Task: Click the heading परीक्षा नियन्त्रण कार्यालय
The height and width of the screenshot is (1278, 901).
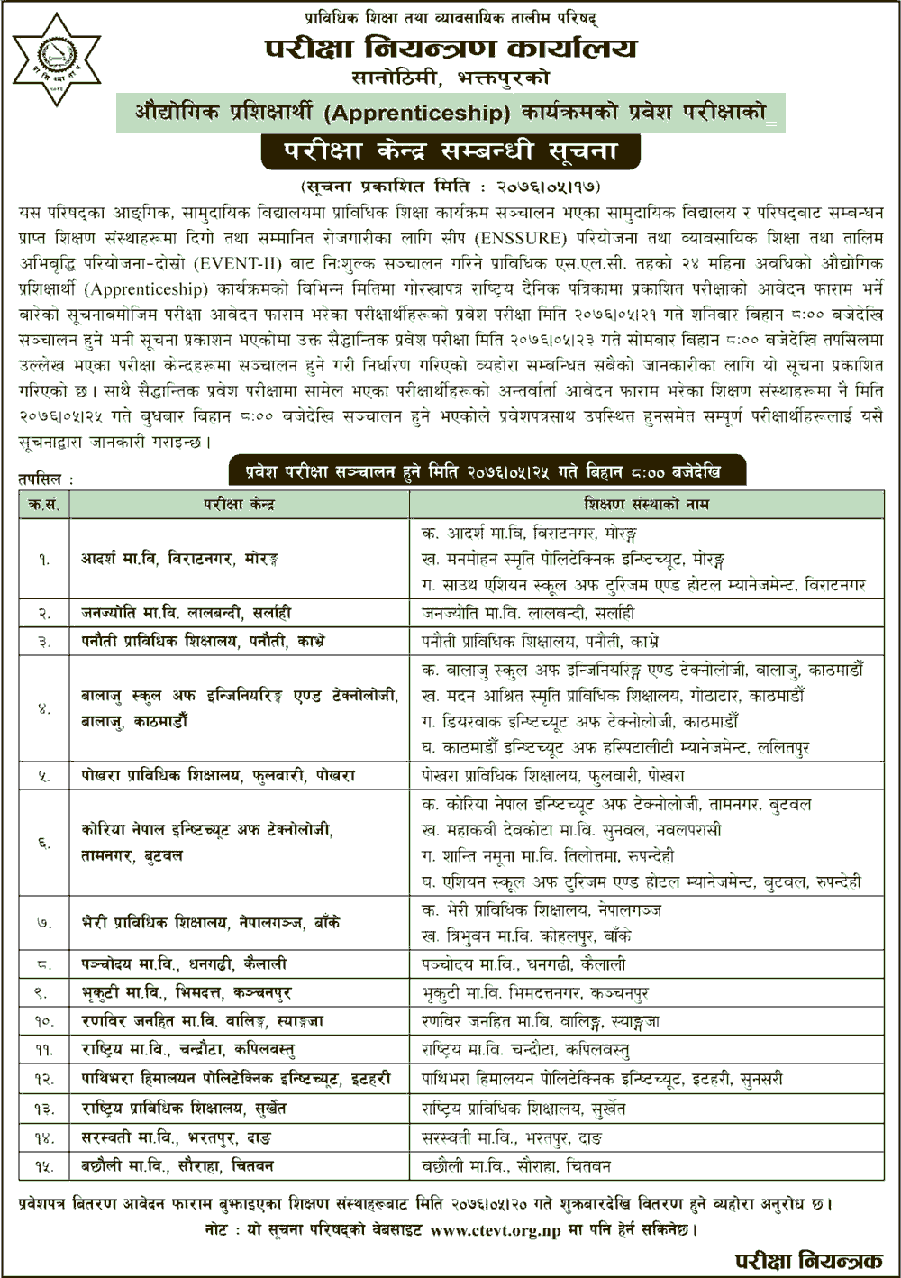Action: tap(450, 49)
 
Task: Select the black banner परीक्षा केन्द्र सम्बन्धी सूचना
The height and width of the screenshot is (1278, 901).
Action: tap(450, 151)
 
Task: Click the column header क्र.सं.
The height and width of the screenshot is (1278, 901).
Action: tap(43, 504)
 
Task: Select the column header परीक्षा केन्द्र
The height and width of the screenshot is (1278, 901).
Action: tap(239, 504)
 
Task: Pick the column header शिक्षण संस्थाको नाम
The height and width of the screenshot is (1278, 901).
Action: tap(646, 504)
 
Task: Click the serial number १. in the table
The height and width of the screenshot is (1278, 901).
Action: tap(43, 560)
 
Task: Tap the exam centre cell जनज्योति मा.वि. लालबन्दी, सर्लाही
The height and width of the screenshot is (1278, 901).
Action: tap(186, 613)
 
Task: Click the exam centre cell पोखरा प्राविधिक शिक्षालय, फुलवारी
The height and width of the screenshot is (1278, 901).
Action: tap(217, 775)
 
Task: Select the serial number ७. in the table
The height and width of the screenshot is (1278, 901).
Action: tap(43, 923)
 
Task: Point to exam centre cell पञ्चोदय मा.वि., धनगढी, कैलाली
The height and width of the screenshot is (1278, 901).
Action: tap(184, 963)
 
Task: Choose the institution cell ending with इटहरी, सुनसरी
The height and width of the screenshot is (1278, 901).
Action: tap(602, 1079)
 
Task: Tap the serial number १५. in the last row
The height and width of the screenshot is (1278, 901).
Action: tap(43, 1166)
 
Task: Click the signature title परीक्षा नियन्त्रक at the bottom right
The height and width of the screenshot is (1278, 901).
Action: tap(807, 1260)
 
